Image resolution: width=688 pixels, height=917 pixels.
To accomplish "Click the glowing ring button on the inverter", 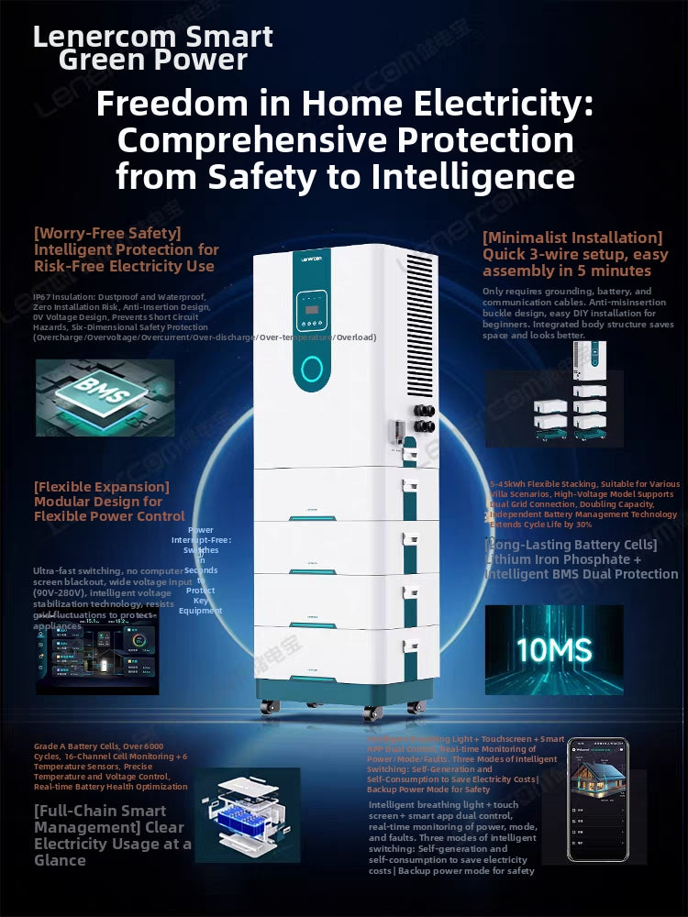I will [x=313, y=369].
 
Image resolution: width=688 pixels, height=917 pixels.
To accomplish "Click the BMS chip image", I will [x=105, y=397].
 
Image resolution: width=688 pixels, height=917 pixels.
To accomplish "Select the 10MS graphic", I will [x=553, y=649].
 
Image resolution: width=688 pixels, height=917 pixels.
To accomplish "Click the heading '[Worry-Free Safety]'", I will [x=107, y=233].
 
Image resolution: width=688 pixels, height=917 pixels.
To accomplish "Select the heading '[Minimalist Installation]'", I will [x=571, y=238].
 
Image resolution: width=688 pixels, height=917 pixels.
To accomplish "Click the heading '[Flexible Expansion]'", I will [x=102, y=487].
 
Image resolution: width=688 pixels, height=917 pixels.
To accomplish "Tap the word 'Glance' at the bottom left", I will [x=60, y=860].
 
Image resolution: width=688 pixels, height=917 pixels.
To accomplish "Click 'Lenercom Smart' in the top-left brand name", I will [x=153, y=37].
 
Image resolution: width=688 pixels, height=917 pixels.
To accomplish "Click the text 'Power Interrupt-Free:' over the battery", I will [x=201, y=535].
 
